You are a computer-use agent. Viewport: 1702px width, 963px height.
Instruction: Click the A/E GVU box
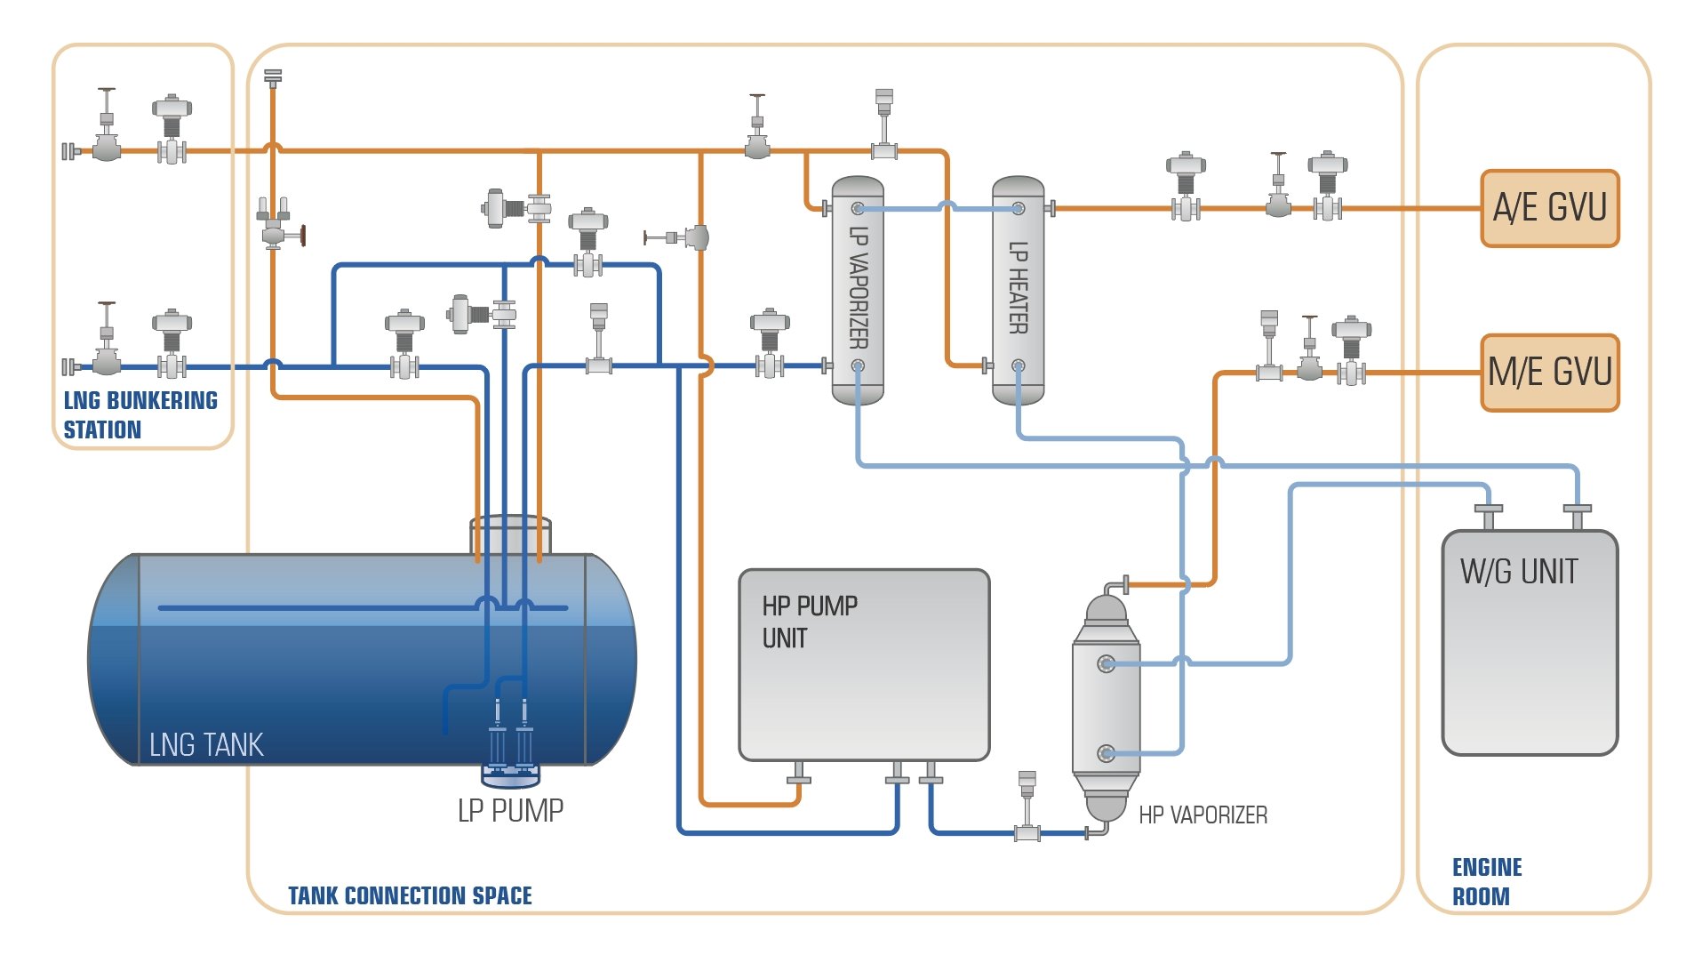click(x=1549, y=208)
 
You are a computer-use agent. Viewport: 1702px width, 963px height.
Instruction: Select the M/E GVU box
click(x=1549, y=373)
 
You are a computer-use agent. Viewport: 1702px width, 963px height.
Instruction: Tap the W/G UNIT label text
click(x=1519, y=572)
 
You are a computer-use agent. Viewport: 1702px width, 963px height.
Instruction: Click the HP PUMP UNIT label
click(x=809, y=622)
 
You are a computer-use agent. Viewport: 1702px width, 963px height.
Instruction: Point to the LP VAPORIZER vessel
click(x=857, y=289)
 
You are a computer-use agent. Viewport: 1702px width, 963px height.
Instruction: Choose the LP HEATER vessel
click(x=1018, y=289)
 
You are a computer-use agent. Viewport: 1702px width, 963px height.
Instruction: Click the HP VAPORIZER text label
click(x=1203, y=815)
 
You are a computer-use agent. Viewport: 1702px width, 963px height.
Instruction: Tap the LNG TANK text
click(x=206, y=744)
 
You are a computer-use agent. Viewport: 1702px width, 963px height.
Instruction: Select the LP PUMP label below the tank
click(x=510, y=810)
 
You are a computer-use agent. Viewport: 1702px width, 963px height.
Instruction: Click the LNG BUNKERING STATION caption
click(x=140, y=414)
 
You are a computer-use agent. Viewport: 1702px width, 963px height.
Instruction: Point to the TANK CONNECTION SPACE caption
click(x=410, y=895)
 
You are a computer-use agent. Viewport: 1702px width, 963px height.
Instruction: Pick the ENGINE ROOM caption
click(x=1486, y=881)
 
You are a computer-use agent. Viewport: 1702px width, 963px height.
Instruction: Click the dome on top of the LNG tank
click(x=510, y=535)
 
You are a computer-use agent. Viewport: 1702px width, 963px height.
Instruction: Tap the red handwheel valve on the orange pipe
click(x=302, y=236)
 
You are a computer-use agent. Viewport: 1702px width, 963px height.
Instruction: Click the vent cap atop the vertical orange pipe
click(x=273, y=76)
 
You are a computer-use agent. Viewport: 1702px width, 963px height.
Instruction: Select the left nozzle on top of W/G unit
click(x=1488, y=514)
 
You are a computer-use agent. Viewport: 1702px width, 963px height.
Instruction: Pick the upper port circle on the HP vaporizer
click(x=1107, y=663)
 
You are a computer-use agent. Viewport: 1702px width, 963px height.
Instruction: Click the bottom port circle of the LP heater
click(x=1019, y=365)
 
